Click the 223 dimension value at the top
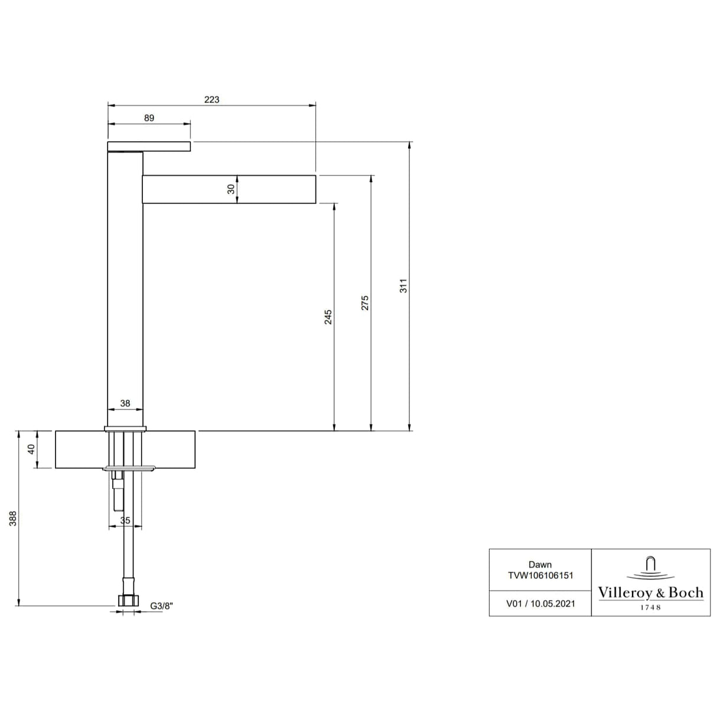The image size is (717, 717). [211, 100]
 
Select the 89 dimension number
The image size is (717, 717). [149, 118]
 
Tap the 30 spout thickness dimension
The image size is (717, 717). [231, 189]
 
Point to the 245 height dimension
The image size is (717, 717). [328, 317]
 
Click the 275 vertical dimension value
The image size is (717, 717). [365, 303]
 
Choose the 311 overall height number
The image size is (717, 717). [403, 286]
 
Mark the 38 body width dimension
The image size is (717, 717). [125, 403]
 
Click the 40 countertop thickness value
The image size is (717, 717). [32, 449]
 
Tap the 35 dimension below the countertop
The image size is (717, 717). [125, 520]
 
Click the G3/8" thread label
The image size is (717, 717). [161, 606]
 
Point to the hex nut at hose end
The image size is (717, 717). [127, 601]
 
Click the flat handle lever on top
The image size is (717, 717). [149, 146]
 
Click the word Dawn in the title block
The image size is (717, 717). [540, 565]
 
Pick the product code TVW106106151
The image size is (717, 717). [540, 575]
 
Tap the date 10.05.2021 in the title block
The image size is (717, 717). [552, 604]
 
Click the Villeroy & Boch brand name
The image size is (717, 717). [650, 593]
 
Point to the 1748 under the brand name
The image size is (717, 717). [650, 607]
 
